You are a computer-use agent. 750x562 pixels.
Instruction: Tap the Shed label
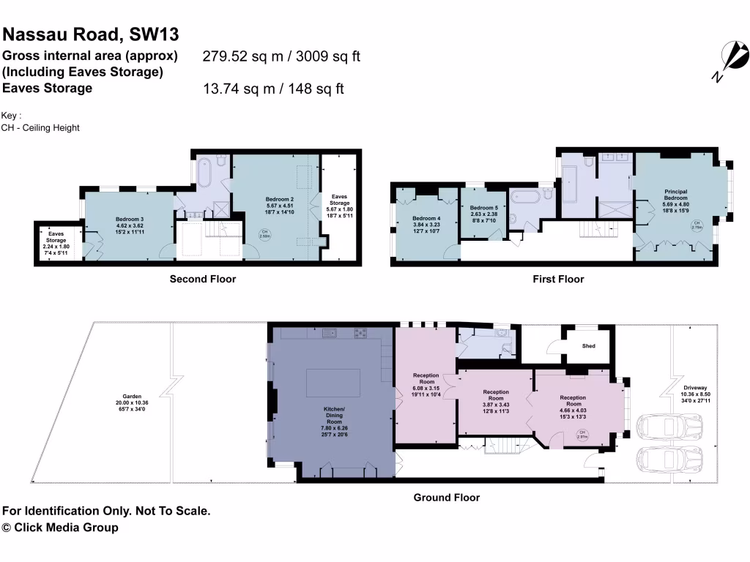(588, 346)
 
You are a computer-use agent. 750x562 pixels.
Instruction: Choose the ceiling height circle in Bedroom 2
(264, 234)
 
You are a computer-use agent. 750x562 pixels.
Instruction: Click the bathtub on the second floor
(204, 171)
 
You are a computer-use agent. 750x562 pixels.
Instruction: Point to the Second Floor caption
(203, 279)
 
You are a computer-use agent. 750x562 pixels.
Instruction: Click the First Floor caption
(558, 279)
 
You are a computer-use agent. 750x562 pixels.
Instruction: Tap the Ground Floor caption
(446, 498)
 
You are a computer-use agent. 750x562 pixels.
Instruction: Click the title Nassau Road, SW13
(91, 34)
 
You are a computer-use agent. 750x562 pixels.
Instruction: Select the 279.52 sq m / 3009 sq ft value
(281, 56)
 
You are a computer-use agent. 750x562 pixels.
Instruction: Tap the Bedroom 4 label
(426, 223)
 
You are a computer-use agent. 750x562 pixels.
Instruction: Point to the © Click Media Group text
(60, 528)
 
